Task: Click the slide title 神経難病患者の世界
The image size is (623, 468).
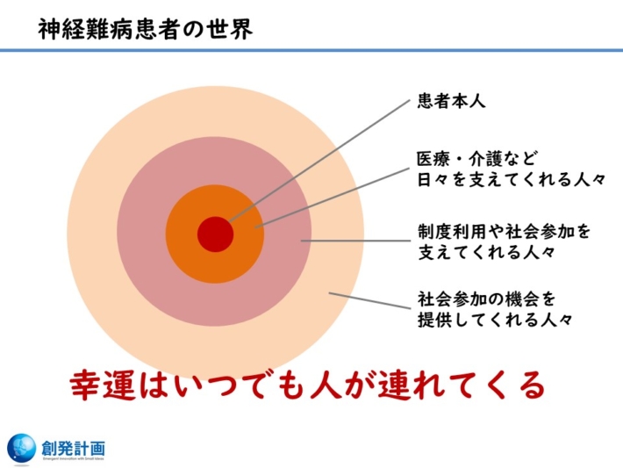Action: coord(146,30)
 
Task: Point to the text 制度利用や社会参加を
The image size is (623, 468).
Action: coord(504,234)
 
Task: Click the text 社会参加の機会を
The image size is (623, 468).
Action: coord(486,299)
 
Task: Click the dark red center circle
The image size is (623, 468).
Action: coord(215,234)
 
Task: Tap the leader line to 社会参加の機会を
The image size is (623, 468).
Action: coord(369,299)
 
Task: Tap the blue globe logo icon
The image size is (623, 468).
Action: coord(22,448)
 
